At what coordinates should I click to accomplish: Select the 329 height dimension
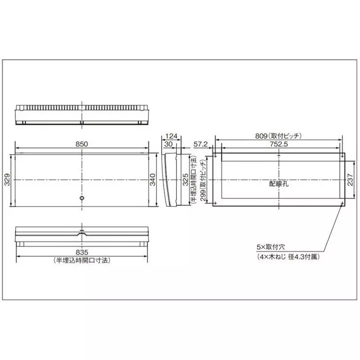point(7,181)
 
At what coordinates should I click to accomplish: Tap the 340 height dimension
point(153,181)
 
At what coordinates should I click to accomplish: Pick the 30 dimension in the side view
point(169,144)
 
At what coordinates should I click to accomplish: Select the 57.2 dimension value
point(200,144)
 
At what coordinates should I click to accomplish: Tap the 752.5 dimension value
point(279,144)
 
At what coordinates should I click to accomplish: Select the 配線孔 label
point(278,184)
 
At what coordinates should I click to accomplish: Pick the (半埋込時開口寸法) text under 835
point(82,261)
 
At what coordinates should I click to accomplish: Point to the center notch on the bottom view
point(82,234)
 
